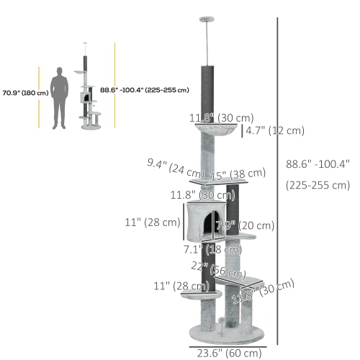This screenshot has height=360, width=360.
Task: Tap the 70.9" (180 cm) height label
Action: tap(25, 93)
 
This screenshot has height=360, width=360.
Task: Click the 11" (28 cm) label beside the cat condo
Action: tap(152, 222)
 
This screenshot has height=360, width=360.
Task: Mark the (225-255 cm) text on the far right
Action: tap(317, 184)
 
